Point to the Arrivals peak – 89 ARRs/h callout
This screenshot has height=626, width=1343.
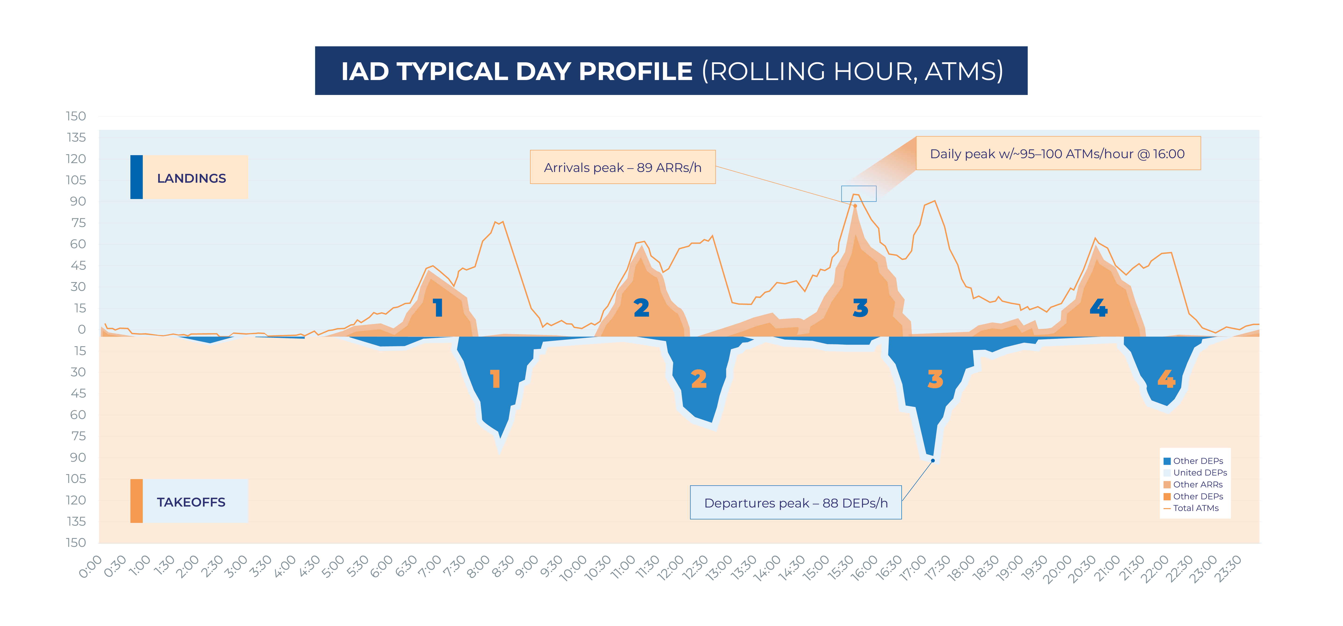coord(622,167)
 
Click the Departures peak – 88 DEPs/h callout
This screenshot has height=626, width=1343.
coord(795,503)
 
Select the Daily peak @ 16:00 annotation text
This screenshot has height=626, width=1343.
coord(1057,154)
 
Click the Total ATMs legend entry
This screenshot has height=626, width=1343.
coord(1196,508)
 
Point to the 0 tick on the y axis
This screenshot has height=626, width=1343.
coord(81,329)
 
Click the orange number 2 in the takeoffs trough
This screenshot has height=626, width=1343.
coord(699,379)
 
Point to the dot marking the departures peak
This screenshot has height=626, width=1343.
coord(933,460)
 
